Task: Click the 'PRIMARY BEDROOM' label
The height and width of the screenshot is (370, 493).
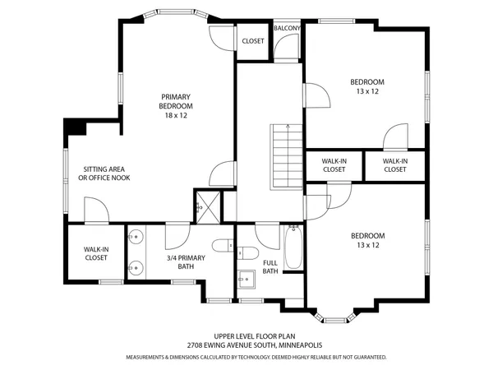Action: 175,101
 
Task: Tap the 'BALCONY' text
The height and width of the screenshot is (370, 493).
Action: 287,29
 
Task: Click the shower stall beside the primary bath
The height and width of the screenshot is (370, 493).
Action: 202,207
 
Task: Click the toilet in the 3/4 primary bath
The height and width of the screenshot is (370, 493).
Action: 221,246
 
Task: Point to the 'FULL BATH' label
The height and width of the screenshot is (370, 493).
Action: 270,267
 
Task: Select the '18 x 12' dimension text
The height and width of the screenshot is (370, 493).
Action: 175,116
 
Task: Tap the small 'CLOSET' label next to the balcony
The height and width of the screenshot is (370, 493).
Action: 252,41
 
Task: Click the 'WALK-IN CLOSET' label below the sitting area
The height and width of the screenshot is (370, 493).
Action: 96,253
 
